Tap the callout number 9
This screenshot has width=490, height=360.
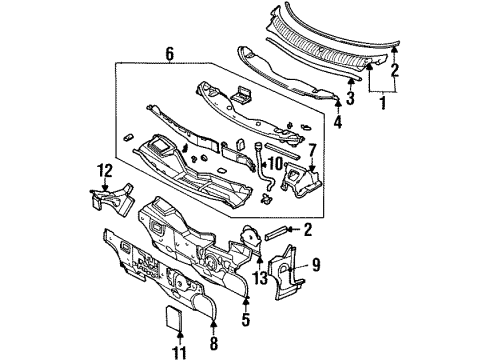[x=316, y=265]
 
